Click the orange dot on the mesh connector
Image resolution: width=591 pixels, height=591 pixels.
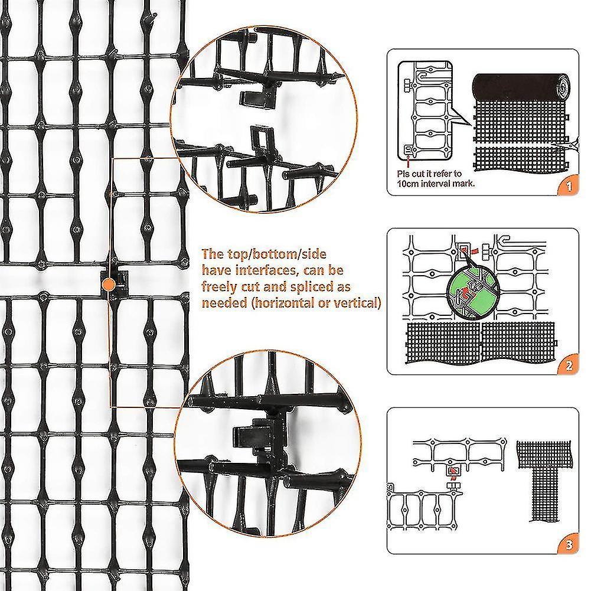click(109, 284)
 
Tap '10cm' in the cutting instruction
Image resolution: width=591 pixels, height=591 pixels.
click(408, 184)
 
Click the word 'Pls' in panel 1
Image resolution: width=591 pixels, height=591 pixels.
click(403, 174)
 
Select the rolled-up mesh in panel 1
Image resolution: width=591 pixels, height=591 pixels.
click(522, 86)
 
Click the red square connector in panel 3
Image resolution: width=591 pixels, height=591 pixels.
click(453, 471)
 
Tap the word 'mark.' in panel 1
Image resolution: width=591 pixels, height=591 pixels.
click(464, 184)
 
